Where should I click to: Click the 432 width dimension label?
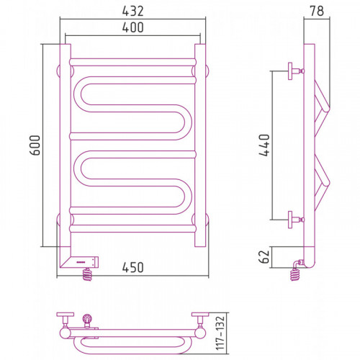click(x=132, y=11)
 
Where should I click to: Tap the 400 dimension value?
click(x=132, y=27)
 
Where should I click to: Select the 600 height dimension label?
click(x=35, y=145)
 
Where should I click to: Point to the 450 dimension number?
click(x=132, y=267)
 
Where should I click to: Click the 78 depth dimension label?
click(x=317, y=11)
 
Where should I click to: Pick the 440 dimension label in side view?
click(x=265, y=145)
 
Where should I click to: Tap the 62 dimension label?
click(x=265, y=257)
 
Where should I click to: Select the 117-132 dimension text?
click(x=220, y=333)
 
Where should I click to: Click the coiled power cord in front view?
click(x=87, y=274)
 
